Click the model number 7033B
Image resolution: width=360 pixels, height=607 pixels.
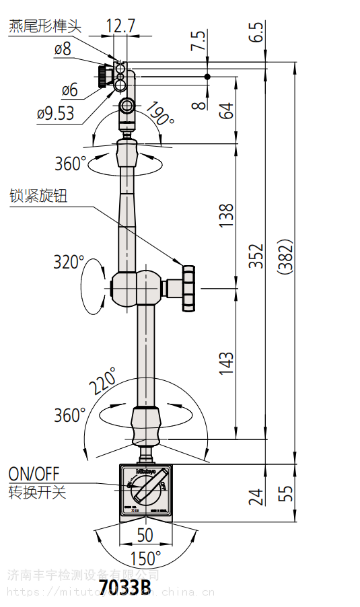point(124,587)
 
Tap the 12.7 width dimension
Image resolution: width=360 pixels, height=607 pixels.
point(120,26)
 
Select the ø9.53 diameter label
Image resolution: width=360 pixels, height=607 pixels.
point(56,113)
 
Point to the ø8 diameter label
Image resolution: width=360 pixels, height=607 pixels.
point(62,49)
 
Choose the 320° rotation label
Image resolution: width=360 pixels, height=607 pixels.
point(69,262)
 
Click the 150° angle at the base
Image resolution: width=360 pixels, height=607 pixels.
point(145,557)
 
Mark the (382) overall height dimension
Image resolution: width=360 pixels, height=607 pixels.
point(285,256)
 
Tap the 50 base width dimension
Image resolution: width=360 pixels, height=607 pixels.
point(145,535)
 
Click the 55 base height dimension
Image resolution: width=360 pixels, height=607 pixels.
point(287,493)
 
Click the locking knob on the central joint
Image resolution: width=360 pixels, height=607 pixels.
point(188,288)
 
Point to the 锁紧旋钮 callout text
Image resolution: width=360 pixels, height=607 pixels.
point(38,196)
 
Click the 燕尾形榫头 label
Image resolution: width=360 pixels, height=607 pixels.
point(44,26)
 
